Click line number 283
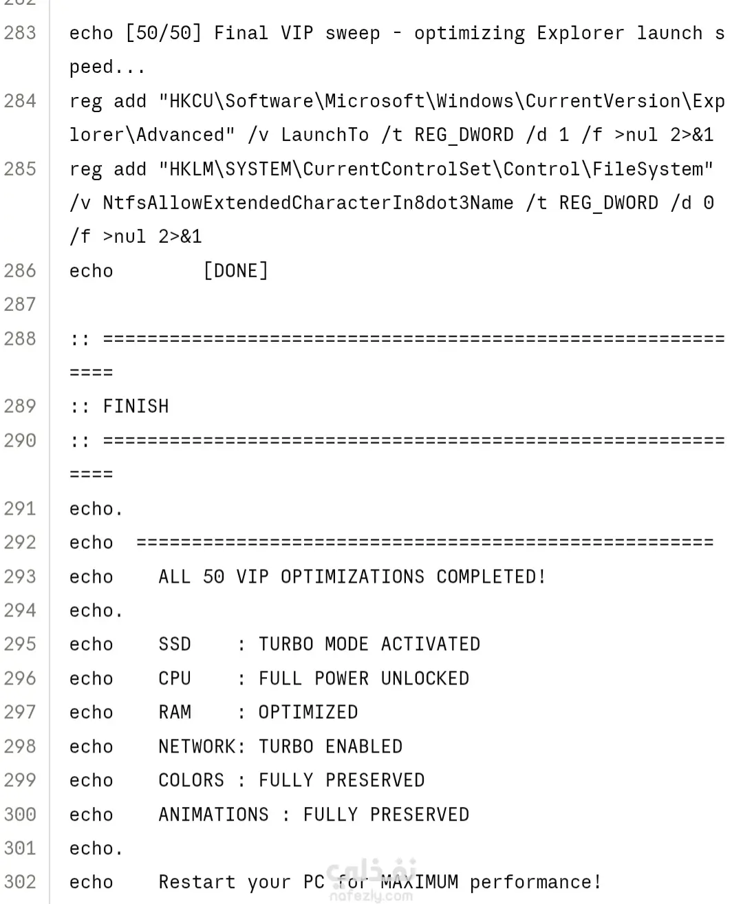click(20, 33)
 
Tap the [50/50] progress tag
click(163, 33)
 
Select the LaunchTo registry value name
click(325, 135)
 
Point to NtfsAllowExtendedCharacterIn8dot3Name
click(308, 203)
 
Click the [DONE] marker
click(236, 271)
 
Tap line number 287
click(20, 304)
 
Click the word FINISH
click(136, 407)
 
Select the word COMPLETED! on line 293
click(491, 577)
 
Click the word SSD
click(175, 644)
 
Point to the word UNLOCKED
click(425, 678)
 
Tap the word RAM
click(175, 712)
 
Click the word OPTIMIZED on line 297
click(308, 712)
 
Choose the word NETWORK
click(197, 746)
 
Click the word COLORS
click(191, 780)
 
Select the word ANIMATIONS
click(213, 815)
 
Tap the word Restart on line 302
click(197, 882)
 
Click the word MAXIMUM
click(419, 882)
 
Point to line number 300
click(20, 815)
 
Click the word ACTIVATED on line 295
click(431, 644)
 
